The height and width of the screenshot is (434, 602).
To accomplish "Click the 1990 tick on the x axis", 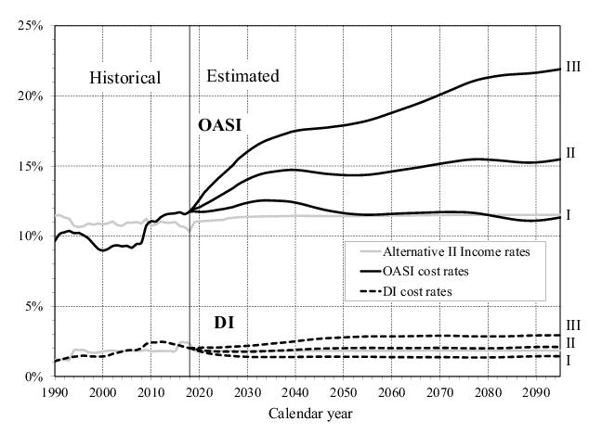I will click(x=54, y=390).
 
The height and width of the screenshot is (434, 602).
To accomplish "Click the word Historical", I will click(x=124, y=78).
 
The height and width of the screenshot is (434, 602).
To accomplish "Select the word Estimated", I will click(x=242, y=76).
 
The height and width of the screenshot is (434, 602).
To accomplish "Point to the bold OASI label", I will click(x=220, y=124).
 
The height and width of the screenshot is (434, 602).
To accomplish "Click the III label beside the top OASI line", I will click(x=575, y=68).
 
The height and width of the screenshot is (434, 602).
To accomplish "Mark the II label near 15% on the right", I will click(x=572, y=153).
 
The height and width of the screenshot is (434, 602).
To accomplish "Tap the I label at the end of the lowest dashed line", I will click(x=568, y=360).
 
